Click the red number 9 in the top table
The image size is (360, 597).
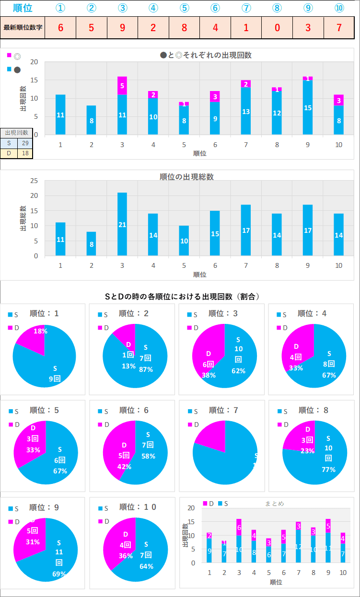(x=122, y=27)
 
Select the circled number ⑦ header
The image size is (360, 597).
(x=246, y=8)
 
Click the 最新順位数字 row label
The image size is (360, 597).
(x=23, y=27)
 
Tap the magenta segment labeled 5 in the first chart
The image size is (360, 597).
(x=122, y=86)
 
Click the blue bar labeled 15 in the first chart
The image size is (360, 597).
(x=308, y=108)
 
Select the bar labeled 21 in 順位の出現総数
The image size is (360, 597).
(x=122, y=224)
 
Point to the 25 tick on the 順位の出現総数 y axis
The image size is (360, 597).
(x=34, y=181)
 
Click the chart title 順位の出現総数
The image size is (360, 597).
(x=186, y=176)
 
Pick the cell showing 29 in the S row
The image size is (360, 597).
(x=24, y=143)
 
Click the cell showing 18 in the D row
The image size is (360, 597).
(x=24, y=153)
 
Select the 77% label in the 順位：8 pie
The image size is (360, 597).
(x=328, y=469)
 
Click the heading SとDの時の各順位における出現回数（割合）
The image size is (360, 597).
(x=183, y=297)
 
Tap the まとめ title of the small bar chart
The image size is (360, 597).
(x=274, y=503)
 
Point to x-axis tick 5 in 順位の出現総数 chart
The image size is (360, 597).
(x=185, y=265)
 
